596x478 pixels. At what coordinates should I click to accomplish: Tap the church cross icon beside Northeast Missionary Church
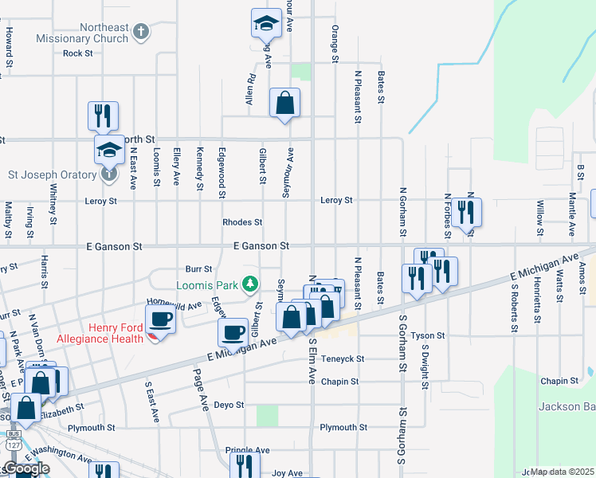[141, 33]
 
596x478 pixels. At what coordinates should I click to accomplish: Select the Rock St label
[78, 53]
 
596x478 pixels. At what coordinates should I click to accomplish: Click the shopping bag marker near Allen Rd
[284, 104]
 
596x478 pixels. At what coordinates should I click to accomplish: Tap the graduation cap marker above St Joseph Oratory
[109, 150]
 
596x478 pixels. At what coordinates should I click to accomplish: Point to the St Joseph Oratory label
[52, 174]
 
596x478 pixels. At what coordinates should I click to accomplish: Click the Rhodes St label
[242, 222]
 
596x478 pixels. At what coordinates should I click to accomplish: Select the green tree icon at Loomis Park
[251, 284]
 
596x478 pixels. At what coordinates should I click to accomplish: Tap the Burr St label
[198, 269]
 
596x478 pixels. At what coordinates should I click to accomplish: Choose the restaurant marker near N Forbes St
[466, 214]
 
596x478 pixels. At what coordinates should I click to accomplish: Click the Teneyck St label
[343, 359]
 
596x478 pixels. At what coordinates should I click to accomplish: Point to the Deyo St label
[229, 405]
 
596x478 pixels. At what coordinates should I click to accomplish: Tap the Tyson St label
[428, 336]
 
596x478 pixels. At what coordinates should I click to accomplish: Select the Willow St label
[540, 212]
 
